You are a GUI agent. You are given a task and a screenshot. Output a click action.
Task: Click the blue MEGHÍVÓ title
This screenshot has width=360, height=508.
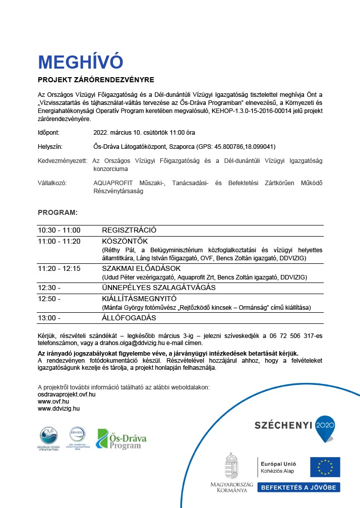[81, 62]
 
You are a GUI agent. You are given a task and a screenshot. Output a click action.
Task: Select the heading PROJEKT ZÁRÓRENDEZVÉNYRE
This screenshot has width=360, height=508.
[96, 80]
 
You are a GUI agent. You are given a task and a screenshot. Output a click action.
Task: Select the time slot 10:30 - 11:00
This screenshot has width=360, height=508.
[59, 230]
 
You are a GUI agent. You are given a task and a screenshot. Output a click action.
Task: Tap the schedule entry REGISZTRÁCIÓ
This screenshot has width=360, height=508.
[129, 230]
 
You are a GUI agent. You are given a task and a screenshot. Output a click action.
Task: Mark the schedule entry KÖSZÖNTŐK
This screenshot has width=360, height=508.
[125, 241]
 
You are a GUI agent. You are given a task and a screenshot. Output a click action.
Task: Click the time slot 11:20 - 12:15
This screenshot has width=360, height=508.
[59, 268]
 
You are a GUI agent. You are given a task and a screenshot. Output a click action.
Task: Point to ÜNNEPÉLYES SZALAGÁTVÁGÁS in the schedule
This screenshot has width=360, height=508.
[159, 288]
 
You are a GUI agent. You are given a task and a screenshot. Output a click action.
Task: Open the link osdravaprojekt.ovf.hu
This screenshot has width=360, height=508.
[67, 394]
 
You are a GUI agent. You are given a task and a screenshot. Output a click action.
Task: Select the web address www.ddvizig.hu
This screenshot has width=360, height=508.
[59, 408]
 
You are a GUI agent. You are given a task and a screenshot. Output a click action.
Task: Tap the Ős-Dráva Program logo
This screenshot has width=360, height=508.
[122, 438]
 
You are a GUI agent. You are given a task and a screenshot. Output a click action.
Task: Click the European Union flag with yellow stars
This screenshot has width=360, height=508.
[324, 467]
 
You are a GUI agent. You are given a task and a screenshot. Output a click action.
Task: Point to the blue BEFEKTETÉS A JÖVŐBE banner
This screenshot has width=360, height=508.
[299, 487]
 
